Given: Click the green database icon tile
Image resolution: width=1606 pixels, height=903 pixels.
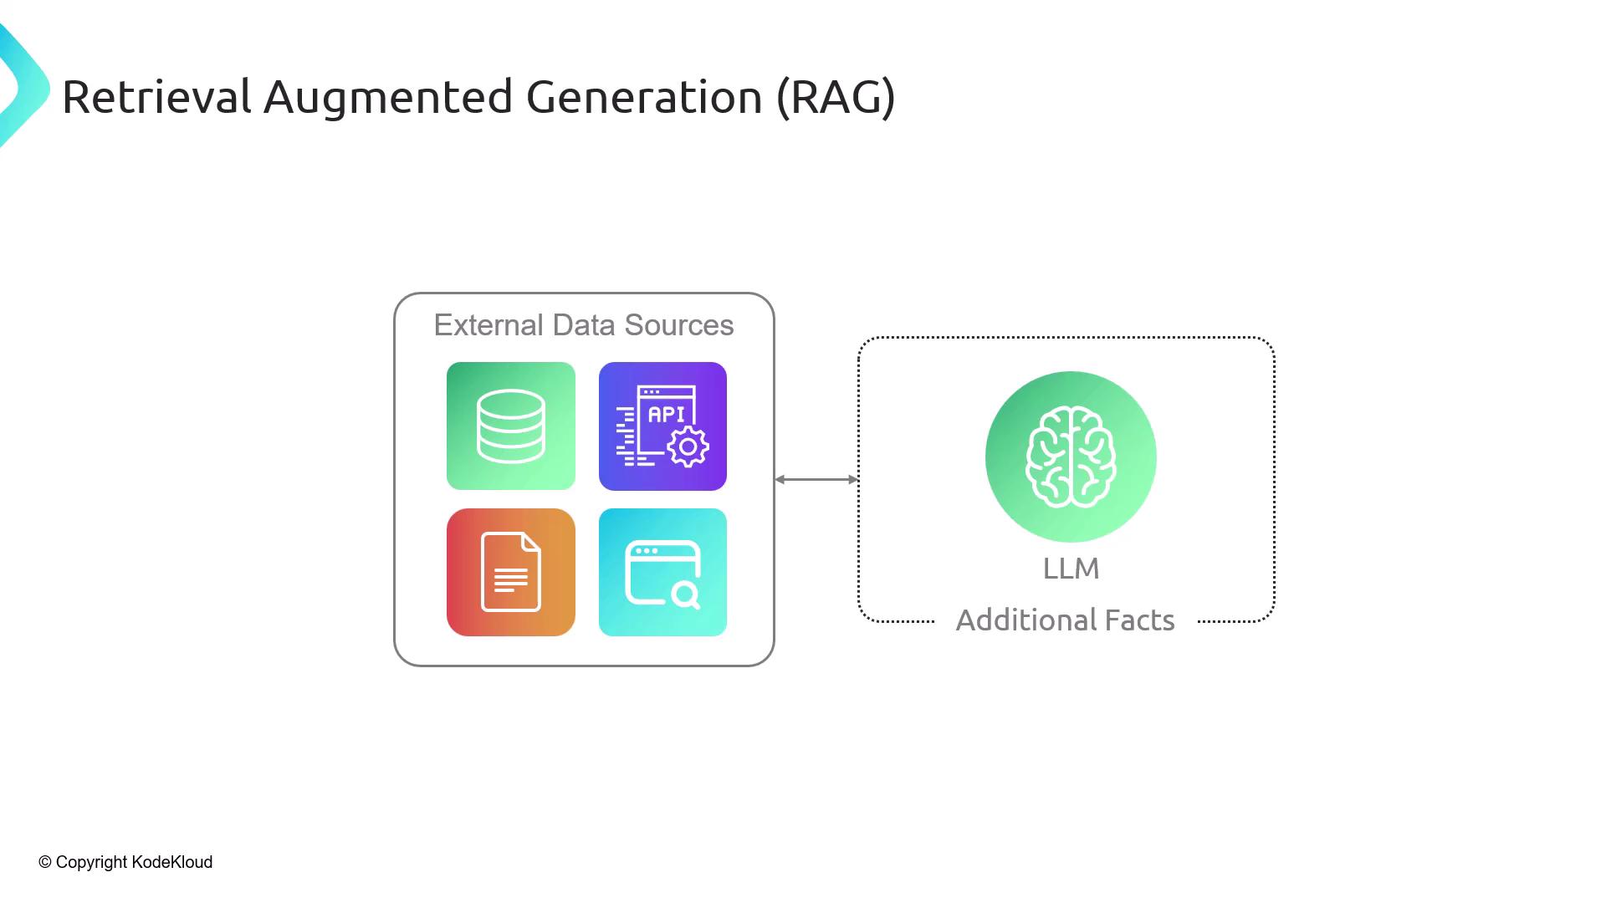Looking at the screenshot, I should (x=510, y=426).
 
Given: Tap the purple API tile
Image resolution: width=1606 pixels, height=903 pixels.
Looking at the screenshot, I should (x=662, y=426).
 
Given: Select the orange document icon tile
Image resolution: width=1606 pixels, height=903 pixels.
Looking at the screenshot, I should (x=510, y=572).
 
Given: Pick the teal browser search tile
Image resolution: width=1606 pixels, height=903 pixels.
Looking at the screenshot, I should (x=662, y=572).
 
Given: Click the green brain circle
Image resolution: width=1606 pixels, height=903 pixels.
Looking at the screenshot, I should (x=1071, y=457).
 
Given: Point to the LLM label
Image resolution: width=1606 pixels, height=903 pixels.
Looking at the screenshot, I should (x=1071, y=569).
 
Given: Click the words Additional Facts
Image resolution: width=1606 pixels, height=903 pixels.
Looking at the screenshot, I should (x=1065, y=620).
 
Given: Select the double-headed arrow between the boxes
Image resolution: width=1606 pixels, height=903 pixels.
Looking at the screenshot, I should (x=816, y=479).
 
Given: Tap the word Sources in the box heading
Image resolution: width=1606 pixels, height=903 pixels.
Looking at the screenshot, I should (x=678, y=325).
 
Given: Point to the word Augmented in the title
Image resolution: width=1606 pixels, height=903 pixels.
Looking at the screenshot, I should (x=387, y=97).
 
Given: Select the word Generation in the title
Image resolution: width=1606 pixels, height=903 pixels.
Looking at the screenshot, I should (x=644, y=97).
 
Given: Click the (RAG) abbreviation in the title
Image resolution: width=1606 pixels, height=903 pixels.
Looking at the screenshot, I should (x=836, y=97).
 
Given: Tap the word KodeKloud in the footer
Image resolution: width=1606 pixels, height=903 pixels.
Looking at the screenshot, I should (x=172, y=862).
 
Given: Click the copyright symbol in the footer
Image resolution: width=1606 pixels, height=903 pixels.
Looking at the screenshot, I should (x=45, y=862).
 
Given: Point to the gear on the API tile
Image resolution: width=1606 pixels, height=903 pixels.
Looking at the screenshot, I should (x=688, y=447).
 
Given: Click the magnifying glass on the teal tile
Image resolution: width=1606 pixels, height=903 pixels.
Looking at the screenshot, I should (x=685, y=594).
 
